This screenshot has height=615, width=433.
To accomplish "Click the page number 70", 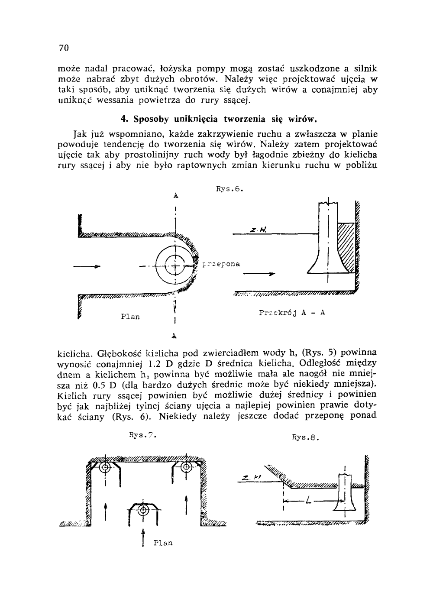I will (x=64, y=48).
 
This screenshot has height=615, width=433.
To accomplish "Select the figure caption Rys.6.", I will (x=230, y=189).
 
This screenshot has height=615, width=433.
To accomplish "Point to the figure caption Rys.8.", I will (x=305, y=437).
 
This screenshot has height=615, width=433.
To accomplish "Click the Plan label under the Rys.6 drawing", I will (x=130, y=317).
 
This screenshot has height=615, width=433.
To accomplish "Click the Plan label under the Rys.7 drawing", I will (x=163, y=543).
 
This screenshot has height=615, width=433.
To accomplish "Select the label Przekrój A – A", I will (x=292, y=313).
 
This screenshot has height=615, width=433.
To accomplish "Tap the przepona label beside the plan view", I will (x=221, y=264).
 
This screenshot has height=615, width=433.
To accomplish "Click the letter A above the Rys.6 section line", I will (x=176, y=195).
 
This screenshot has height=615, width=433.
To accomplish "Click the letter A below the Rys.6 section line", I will (x=174, y=335).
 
